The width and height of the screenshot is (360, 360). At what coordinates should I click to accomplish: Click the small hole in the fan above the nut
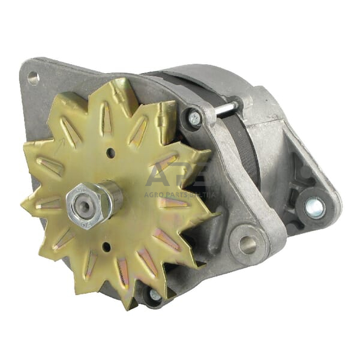110,153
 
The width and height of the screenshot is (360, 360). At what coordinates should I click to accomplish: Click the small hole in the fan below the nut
106,247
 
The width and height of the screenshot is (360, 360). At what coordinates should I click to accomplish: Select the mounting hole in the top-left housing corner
33,77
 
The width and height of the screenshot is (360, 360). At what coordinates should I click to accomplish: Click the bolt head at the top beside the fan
194,119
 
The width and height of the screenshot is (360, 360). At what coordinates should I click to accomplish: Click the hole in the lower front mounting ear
246,244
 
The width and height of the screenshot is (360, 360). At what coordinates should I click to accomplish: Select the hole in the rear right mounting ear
314,208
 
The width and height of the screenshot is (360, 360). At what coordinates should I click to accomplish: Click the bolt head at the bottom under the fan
155,295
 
